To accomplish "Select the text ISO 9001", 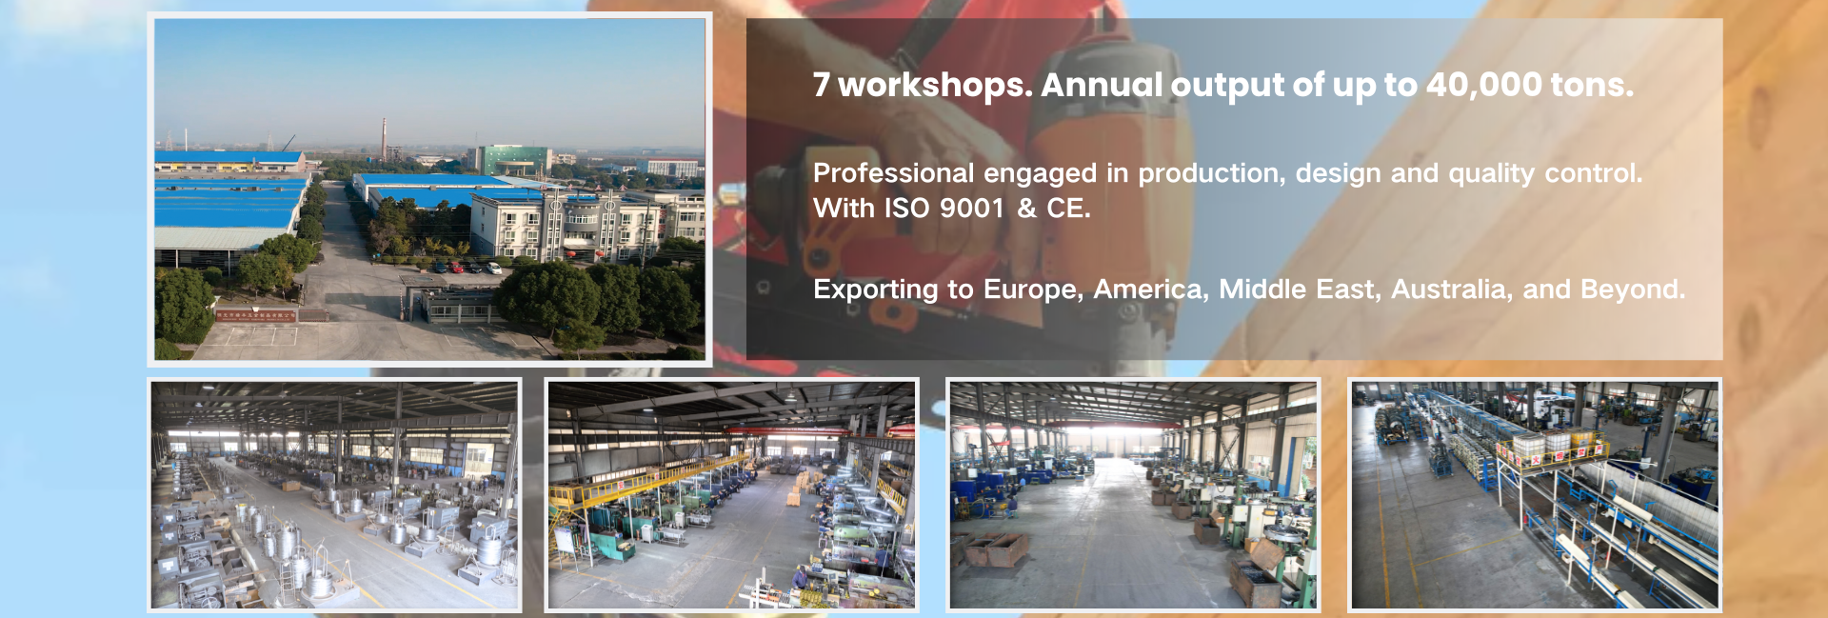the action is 944,209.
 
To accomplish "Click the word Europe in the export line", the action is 1033,289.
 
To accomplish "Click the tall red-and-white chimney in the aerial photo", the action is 384,140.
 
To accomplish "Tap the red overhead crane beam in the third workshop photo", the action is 1133,425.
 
